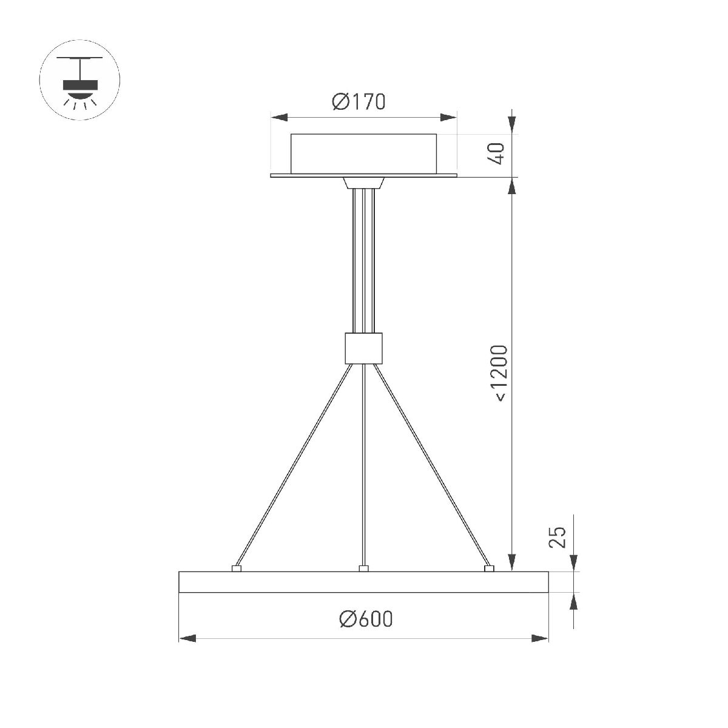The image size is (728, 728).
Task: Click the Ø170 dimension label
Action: [x=359, y=102]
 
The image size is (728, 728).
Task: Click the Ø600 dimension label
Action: [x=366, y=619]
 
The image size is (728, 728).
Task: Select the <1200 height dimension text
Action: [x=499, y=372]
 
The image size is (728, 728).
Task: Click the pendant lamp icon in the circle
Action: [x=79, y=81]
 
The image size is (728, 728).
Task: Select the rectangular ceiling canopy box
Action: [x=363, y=152]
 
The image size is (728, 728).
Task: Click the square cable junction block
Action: [x=363, y=348]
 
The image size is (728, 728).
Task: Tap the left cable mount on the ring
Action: [x=237, y=568]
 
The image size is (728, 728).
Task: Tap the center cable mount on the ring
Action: [x=363, y=568]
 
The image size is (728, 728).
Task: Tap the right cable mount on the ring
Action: [x=490, y=568]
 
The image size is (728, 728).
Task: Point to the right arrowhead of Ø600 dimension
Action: [x=539, y=638]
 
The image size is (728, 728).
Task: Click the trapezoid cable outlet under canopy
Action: [x=363, y=183]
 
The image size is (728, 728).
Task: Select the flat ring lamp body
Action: [x=363, y=582]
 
